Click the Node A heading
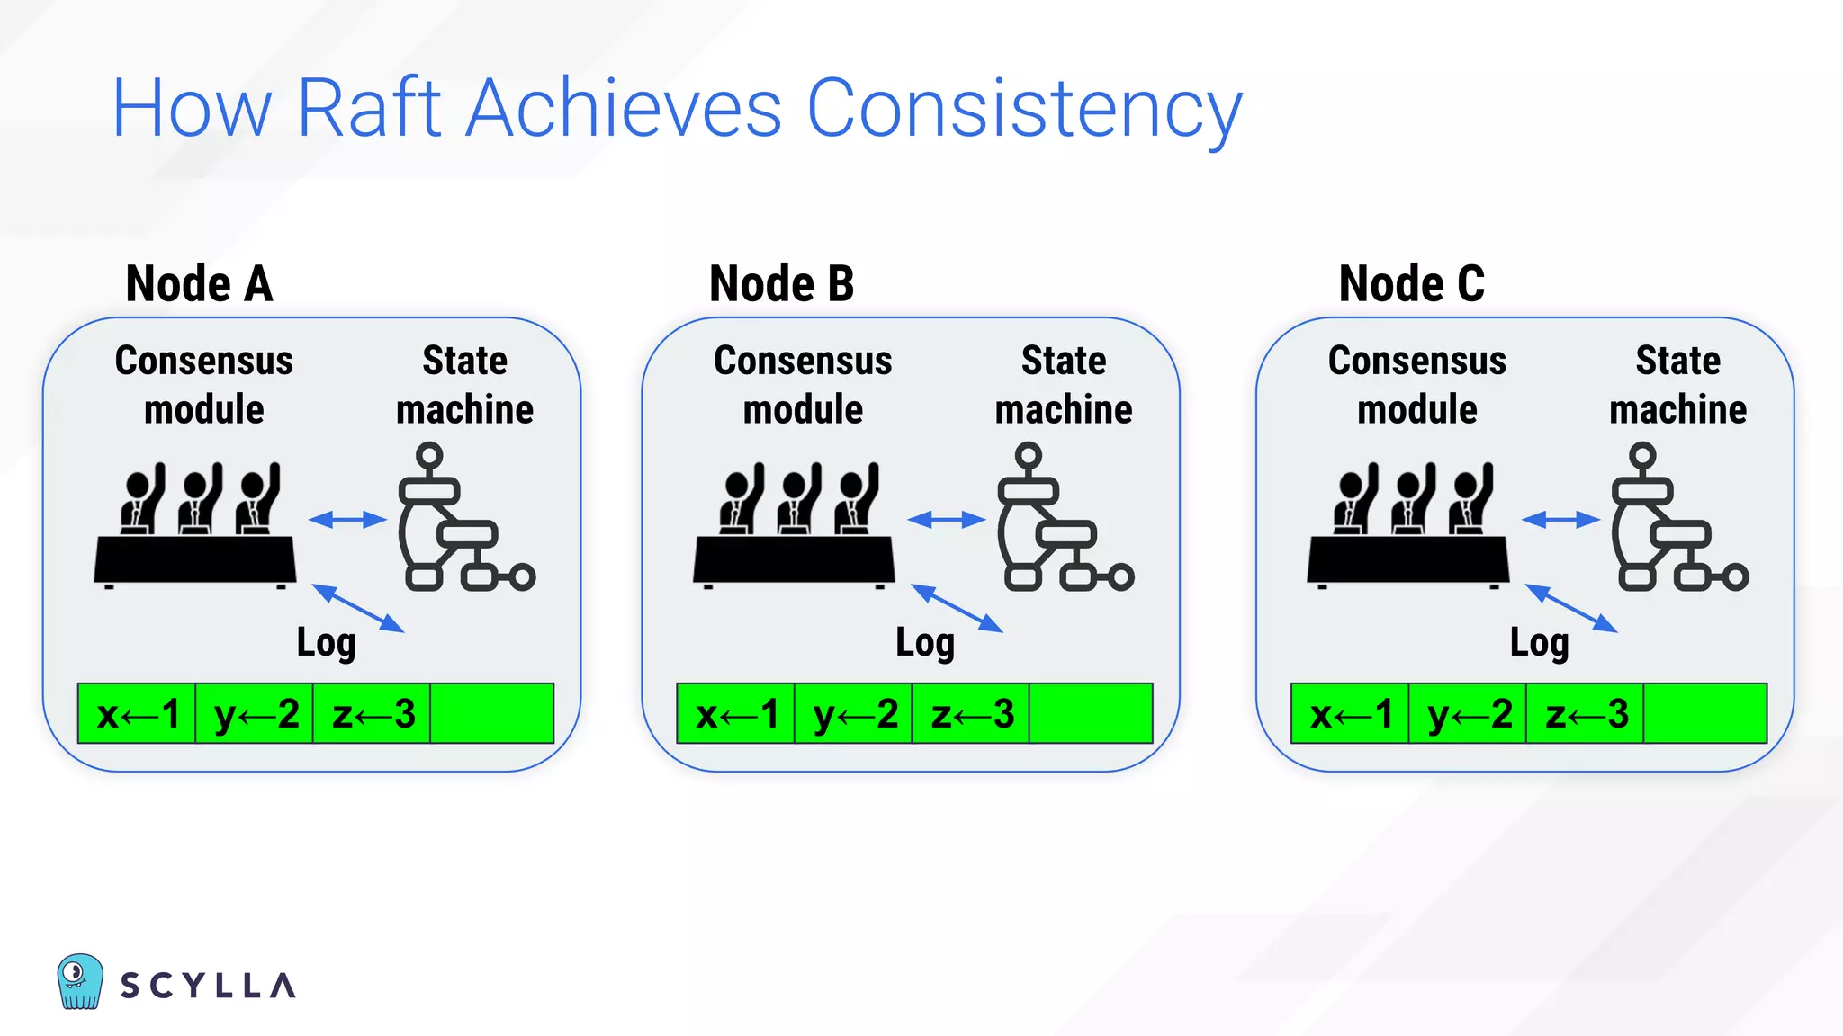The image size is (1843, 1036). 199,284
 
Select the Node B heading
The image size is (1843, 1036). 781,284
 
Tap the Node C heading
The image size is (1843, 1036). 1411,284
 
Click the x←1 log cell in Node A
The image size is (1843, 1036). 137,714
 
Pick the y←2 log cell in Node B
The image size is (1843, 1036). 853,714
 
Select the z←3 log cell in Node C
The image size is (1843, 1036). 1585,714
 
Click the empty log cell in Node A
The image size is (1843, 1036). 491,714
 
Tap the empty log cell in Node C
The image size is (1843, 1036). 1704,714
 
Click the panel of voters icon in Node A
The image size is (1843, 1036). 195,526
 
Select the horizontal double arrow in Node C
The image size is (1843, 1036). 1560,519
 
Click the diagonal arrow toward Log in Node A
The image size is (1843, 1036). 357,608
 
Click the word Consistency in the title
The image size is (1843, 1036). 1023,109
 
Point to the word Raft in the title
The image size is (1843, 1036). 368,109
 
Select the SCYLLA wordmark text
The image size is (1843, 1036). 208,986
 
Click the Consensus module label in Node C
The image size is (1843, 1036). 1416,385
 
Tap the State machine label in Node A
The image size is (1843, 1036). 464,385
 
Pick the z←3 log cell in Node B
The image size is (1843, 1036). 971,714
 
